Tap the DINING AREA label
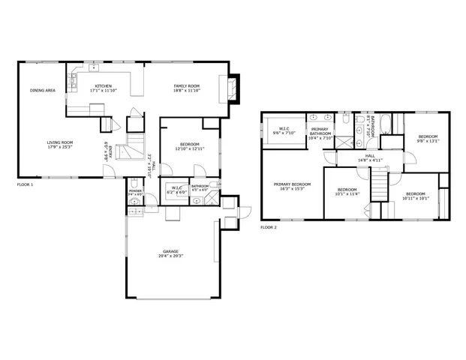[43, 90]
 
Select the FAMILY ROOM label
[186, 85]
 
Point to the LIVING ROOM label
[60, 142]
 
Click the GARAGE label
[171, 251]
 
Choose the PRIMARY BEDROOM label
[292, 184]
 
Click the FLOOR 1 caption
[26, 184]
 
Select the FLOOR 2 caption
[269, 226]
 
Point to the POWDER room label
[135, 191]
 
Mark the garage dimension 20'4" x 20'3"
[171, 256]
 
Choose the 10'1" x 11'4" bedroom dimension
[347, 194]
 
